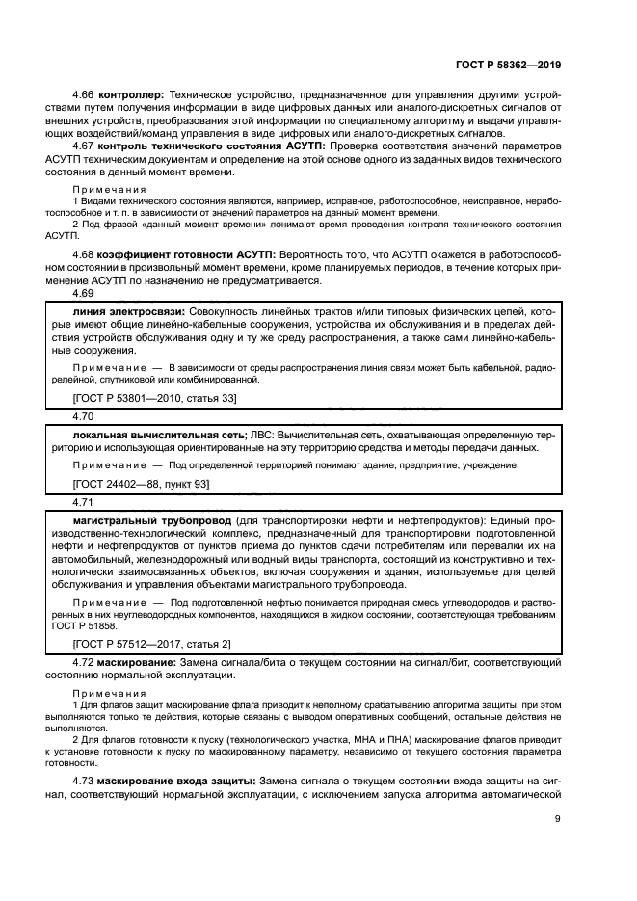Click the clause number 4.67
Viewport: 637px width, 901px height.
click(85, 146)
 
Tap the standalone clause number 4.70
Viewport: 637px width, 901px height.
click(85, 417)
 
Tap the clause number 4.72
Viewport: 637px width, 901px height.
click(85, 664)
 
